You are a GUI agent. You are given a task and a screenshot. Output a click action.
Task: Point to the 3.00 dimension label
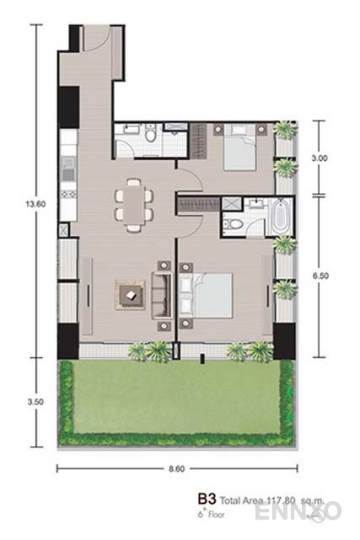click(x=319, y=158)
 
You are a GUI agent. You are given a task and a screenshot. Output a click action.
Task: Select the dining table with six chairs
click(x=135, y=202)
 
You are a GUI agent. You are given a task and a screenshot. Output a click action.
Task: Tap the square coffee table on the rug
click(x=131, y=293)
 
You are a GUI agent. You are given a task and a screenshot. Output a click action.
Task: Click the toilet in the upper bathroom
click(x=150, y=135)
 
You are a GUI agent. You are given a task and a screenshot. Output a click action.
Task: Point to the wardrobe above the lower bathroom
click(x=196, y=204)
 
